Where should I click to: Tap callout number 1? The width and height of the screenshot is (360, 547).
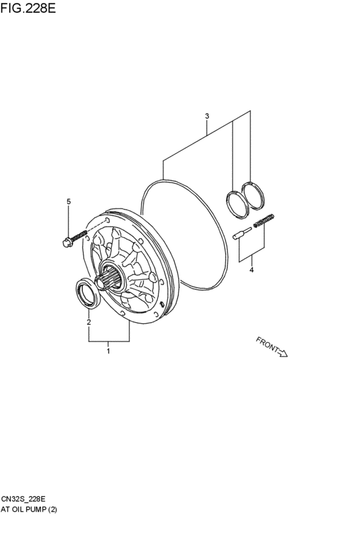coord(108,351)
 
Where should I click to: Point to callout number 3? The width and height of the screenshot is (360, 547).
coord(207,116)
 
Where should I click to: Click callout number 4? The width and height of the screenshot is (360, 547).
coord(251,270)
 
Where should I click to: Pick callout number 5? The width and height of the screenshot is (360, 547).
coord(69,202)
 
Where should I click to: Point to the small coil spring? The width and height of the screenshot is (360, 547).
coord(264,220)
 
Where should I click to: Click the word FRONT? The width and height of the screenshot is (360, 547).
coord(266,344)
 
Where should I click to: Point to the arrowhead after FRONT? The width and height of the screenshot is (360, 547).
coord(283,353)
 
